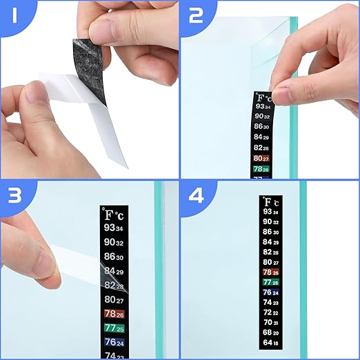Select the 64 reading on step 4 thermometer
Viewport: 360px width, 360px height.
tap(270, 343)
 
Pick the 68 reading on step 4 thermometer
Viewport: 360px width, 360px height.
tap(270, 332)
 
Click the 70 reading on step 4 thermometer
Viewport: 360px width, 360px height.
tap(270, 322)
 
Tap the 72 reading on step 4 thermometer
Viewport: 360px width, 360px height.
tap(270, 312)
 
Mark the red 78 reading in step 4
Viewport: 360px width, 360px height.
tap(270, 272)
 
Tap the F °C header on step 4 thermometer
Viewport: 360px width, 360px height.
tap(270, 202)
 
